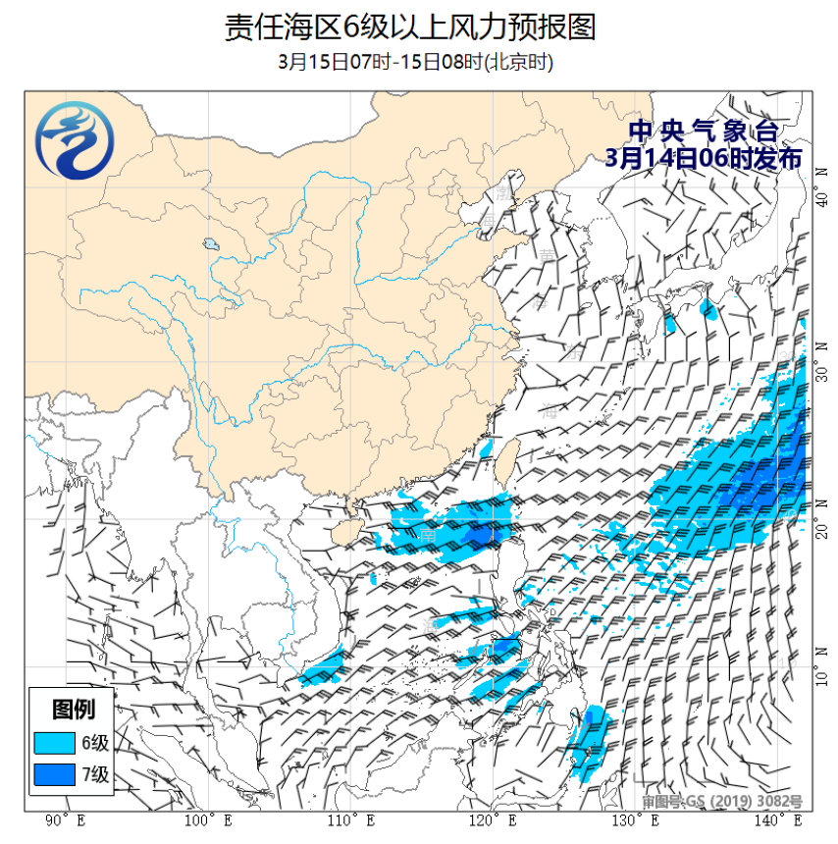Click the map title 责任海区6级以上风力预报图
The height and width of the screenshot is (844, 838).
pos(409,26)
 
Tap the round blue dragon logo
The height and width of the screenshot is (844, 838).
pos(74,142)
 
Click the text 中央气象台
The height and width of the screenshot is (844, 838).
pos(704,131)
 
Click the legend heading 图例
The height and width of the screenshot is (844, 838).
pos(74,708)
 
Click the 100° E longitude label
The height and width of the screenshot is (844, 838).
pos(208,820)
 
